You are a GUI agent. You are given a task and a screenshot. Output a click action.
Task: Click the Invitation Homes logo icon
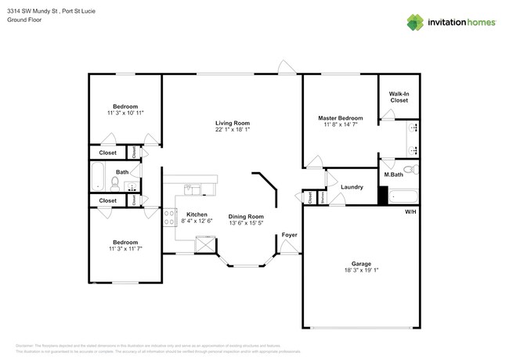[x=415, y=23]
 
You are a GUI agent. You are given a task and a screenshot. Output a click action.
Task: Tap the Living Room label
[x=233, y=123]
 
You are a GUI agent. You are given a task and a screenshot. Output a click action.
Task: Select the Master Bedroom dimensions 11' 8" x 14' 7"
[x=341, y=124]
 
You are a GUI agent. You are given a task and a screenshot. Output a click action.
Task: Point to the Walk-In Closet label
[x=399, y=96]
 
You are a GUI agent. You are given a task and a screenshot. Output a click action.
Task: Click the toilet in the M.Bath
[x=407, y=169]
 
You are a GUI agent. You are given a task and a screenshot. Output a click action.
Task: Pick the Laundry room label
[x=352, y=186]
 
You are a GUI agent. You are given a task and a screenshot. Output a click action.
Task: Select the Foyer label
[x=289, y=234]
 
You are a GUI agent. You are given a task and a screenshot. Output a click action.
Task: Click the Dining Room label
[x=246, y=216]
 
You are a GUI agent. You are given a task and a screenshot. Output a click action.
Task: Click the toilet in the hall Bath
[x=115, y=184]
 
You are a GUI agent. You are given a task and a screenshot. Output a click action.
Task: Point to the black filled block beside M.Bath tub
[x=383, y=195]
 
